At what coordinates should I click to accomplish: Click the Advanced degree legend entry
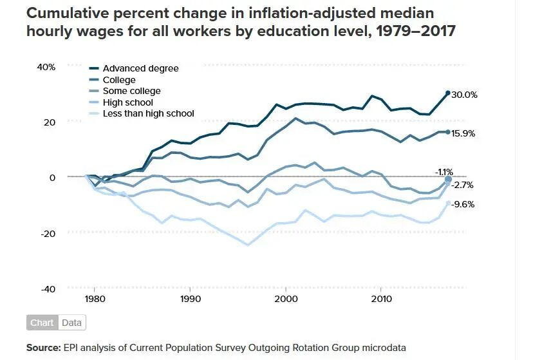click(x=140, y=68)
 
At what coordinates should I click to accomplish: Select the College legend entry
click(x=119, y=80)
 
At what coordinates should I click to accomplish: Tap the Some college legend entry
click(x=131, y=91)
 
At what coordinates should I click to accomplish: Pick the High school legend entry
click(x=127, y=102)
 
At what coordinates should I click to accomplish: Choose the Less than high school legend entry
click(x=148, y=114)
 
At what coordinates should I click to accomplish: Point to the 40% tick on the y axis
click(x=46, y=67)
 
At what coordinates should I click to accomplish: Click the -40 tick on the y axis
click(x=48, y=289)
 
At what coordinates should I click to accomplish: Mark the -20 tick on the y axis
click(x=48, y=232)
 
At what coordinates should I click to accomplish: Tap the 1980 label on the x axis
click(x=95, y=299)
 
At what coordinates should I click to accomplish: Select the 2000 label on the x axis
click(x=285, y=299)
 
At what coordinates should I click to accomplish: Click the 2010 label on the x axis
click(x=381, y=299)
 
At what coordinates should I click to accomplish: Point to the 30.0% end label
click(x=464, y=95)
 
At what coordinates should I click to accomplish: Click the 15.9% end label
click(x=464, y=133)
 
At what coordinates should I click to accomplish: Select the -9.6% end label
click(x=463, y=204)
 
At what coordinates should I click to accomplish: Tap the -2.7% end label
click(x=463, y=185)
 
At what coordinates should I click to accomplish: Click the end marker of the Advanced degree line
click(x=448, y=93)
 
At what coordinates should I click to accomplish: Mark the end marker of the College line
click(x=448, y=132)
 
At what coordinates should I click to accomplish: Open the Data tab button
click(x=72, y=323)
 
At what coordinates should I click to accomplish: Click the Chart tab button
click(x=42, y=323)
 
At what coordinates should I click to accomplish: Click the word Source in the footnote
click(x=43, y=348)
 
